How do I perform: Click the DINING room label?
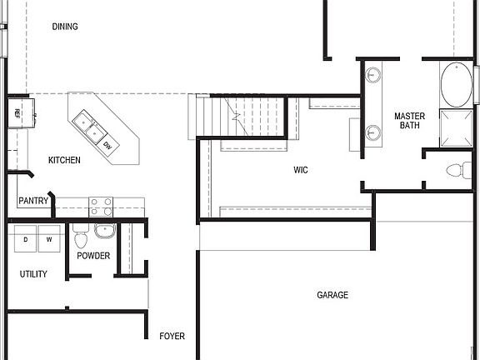tap(65, 27)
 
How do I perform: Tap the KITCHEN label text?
tap(64, 160)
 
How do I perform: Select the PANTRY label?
tap(33, 202)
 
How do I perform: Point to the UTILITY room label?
tap(33, 274)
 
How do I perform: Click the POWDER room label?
tap(93, 256)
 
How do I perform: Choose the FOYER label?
tap(172, 337)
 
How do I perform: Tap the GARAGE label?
tap(332, 295)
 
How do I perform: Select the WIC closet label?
tap(301, 170)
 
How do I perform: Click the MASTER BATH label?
tap(409, 121)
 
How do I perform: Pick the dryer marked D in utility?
tap(25, 239)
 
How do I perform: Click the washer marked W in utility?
tap(49, 239)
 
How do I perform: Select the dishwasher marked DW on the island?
tap(107, 146)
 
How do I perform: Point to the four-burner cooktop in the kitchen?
tap(101, 206)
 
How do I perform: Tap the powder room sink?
tap(105, 231)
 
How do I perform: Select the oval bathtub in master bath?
tap(455, 85)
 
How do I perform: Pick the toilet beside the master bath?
tap(457, 171)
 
